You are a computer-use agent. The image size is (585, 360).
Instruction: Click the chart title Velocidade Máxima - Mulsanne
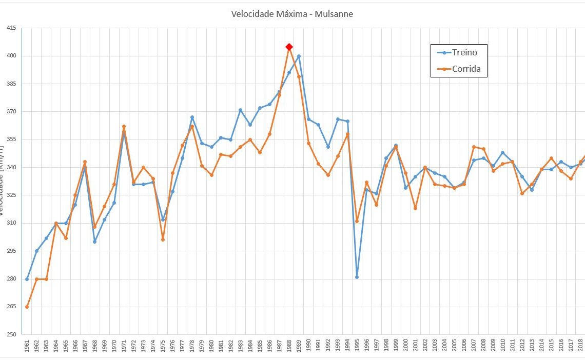click(x=292, y=14)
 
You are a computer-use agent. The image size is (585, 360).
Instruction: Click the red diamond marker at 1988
click(x=289, y=47)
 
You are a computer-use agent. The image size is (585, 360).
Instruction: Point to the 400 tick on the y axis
click(x=10, y=56)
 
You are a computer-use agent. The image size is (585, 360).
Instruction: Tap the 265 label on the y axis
click(x=10, y=307)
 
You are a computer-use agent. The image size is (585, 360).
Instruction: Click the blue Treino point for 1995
click(x=357, y=277)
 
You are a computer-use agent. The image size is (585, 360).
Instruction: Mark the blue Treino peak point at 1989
click(x=299, y=56)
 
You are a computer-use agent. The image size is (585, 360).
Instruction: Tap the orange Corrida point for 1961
click(x=27, y=307)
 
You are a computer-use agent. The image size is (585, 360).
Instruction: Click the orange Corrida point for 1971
click(x=124, y=126)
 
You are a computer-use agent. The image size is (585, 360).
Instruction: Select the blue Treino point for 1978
click(x=192, y=117)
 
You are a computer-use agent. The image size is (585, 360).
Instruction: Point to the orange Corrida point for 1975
click(x=163, y=239)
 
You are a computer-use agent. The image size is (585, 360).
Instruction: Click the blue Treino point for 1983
click(x=240, y=110)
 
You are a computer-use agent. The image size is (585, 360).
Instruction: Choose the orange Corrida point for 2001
click(x=415, y=208)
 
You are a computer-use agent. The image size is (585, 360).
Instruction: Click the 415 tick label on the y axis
click(x=10, y=28)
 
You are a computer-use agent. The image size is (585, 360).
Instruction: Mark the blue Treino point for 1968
click(x=94, y=242)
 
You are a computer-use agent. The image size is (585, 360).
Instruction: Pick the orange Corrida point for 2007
click(x=474, y=147)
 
